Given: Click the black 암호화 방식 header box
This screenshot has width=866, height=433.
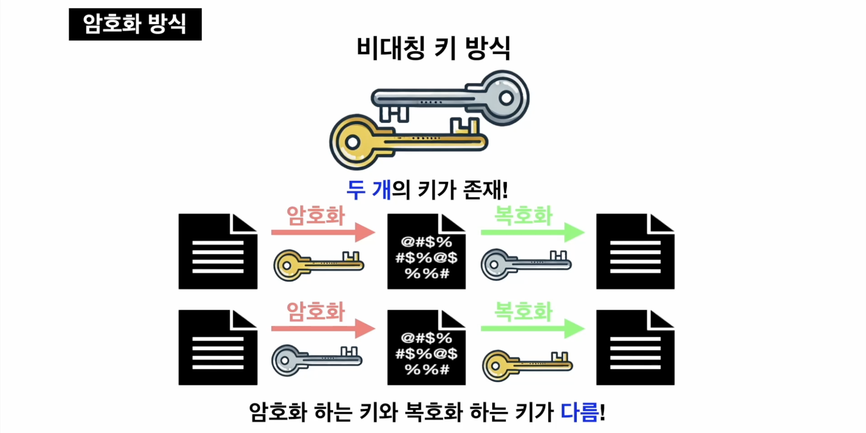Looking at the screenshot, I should [135, 24].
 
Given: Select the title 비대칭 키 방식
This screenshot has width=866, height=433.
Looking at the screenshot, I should [433, 48].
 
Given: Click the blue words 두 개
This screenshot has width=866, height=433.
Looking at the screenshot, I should [368, 190].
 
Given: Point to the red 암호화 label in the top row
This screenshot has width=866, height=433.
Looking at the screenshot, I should [315, 216].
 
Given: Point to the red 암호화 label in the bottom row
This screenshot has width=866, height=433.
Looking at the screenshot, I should [315, 312].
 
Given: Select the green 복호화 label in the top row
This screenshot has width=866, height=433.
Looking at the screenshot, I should [523, 216].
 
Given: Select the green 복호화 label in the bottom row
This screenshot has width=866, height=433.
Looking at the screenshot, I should [523, 312].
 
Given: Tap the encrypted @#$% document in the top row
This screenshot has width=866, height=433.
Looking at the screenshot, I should [426, 252].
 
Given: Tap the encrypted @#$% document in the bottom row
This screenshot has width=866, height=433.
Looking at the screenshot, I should [426, 348].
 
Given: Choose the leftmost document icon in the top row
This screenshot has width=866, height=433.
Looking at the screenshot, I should [218, 252].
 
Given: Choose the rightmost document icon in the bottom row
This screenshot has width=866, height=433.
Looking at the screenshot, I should [635, 348].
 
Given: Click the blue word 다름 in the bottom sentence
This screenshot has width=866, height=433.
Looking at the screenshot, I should [580, 412].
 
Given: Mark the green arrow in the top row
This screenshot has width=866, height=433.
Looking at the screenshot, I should [532, 232].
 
